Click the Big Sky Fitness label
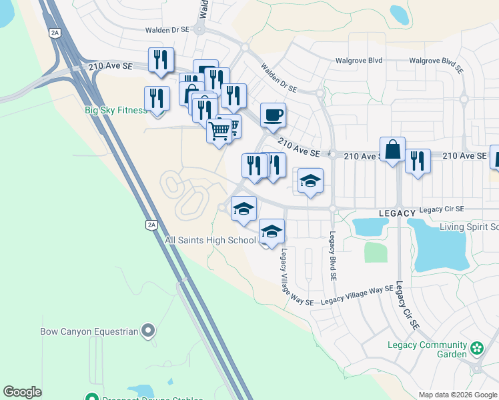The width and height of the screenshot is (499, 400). point(115,110)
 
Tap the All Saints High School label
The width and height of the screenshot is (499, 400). point(210,240)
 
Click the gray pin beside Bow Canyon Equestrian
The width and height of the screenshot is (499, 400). point(148,330)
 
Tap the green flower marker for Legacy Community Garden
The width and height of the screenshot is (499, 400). point(477,348)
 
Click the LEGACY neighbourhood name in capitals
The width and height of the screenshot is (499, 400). point(397,213)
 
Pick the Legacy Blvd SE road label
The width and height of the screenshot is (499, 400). point(332,257)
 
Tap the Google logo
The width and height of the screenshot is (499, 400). point(22,392)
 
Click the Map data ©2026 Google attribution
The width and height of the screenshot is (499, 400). point(458,395)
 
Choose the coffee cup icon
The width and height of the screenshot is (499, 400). point(273,115)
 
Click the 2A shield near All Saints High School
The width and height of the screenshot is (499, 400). point(151,225)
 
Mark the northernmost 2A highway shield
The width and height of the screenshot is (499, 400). point(55,31)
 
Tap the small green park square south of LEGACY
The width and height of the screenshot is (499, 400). point(376,252)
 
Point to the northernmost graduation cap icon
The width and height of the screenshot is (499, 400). point(310,181)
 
